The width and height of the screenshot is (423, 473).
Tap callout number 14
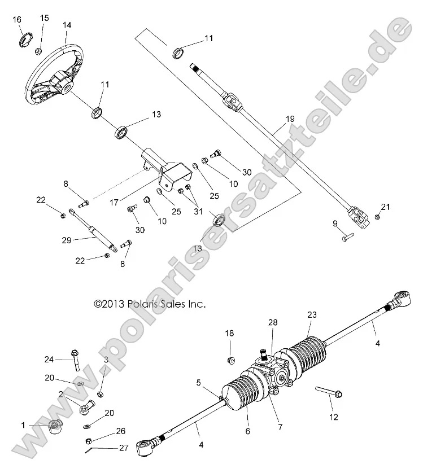click(67, 25)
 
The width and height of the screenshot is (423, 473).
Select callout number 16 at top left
click(17, 20)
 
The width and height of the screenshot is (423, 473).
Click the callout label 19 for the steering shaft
click(290, 119)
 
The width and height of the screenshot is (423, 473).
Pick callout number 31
click(198, 212)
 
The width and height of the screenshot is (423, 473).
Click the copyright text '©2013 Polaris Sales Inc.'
click(150, 304)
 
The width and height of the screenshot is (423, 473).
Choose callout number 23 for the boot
click(312, 314)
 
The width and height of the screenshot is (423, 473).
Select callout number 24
click(50, 358)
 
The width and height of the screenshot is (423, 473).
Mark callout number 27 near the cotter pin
click(123, 448)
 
